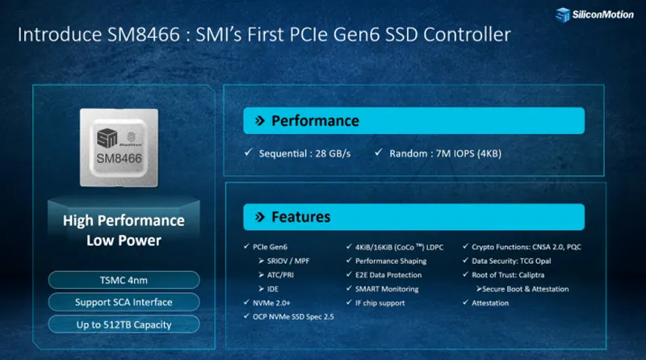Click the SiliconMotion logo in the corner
594,15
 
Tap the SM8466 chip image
119,148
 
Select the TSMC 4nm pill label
124,280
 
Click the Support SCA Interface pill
124,303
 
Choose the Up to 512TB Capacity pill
124,324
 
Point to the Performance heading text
315,121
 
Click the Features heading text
300,217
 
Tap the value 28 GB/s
333,153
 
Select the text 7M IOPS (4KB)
469,153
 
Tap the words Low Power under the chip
124,241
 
